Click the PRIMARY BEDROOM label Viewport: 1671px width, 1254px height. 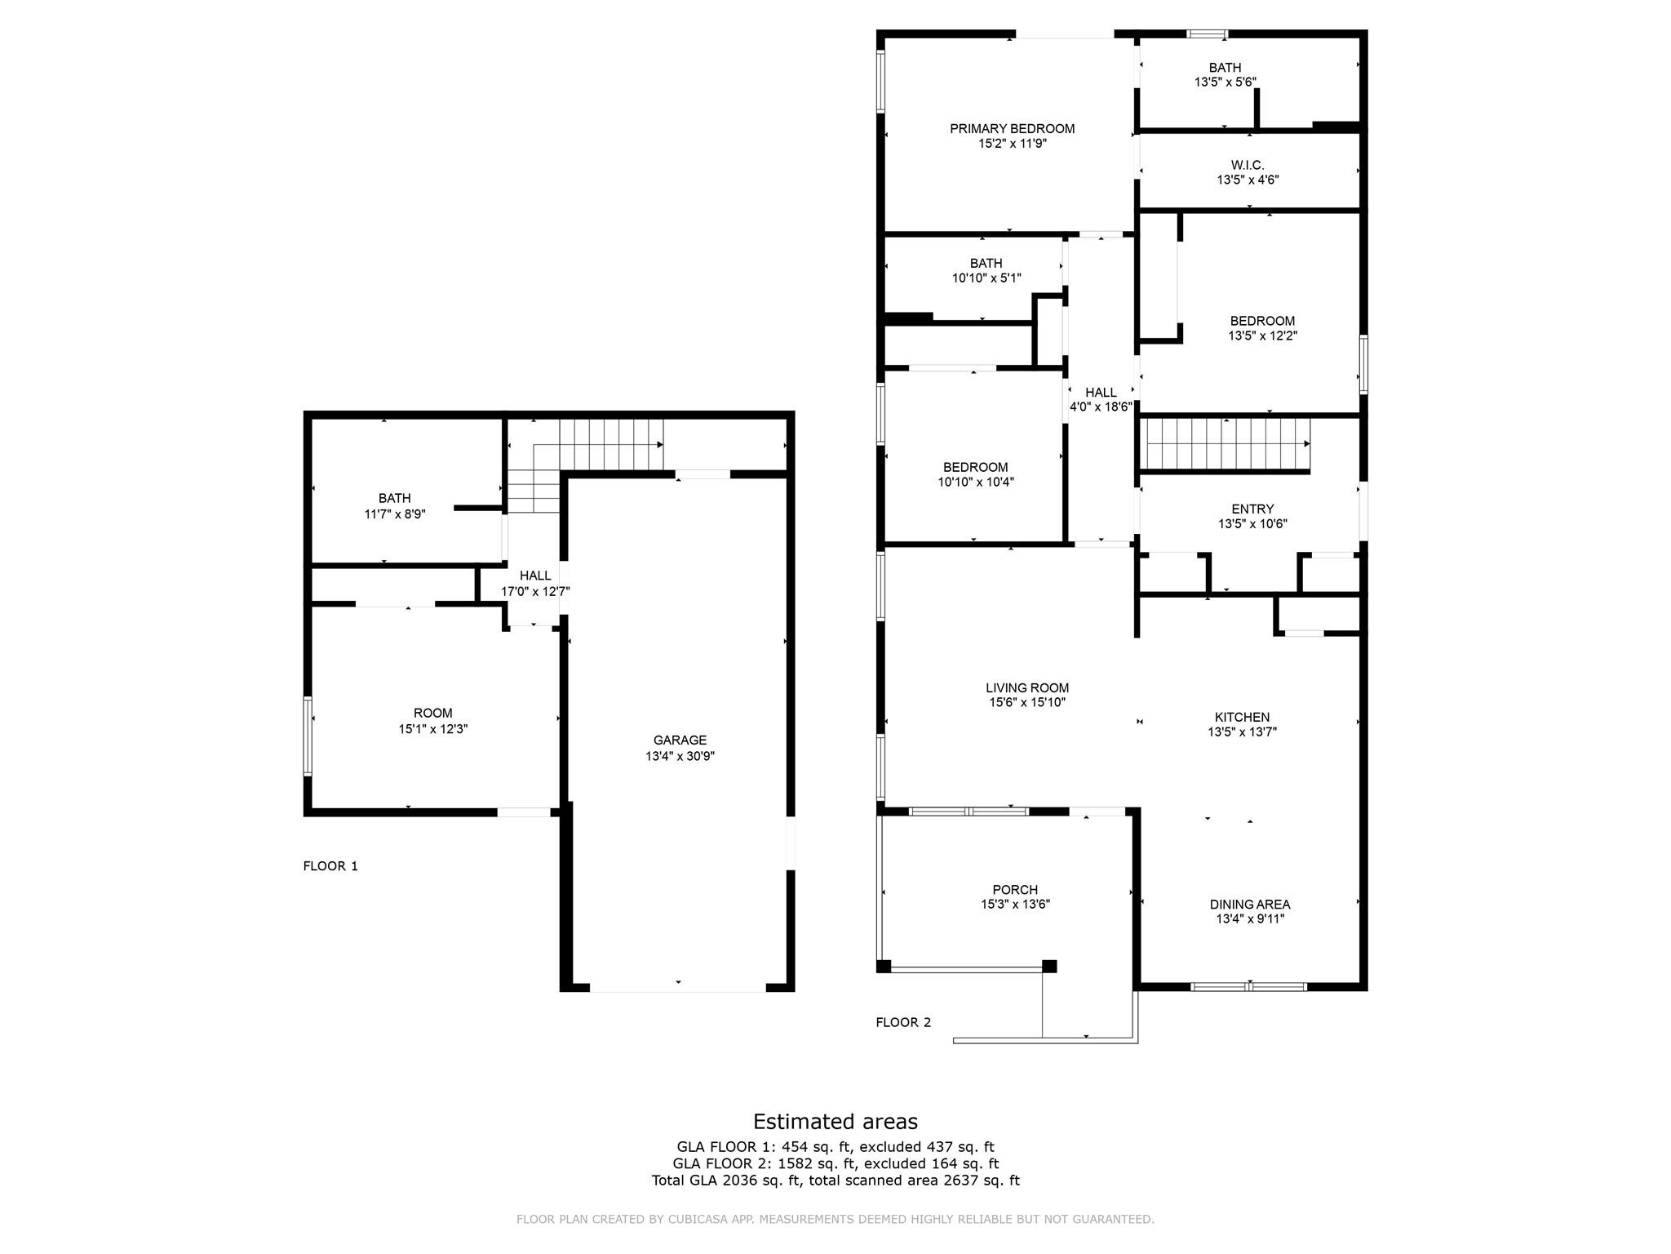(x=1012, y=129)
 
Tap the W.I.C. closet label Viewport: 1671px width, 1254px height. (x=1248, y=166)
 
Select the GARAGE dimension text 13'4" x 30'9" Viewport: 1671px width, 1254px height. (x=680, y=757)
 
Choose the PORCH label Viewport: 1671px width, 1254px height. (x=1015, y=890)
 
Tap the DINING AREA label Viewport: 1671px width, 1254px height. (x=1249, y=905)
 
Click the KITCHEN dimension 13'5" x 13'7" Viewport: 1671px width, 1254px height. (x=1242, y=732)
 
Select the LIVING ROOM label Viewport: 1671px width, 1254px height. (x=1026, y=688)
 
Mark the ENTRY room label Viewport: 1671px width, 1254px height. (x=1252, y=509)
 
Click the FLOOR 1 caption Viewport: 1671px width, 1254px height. (x=330, y=866)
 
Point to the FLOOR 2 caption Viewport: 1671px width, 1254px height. (x=903, y=1022)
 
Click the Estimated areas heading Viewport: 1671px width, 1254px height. (x=835, y=1122)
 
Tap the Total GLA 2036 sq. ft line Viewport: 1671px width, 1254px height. (x=835, y=1181)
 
